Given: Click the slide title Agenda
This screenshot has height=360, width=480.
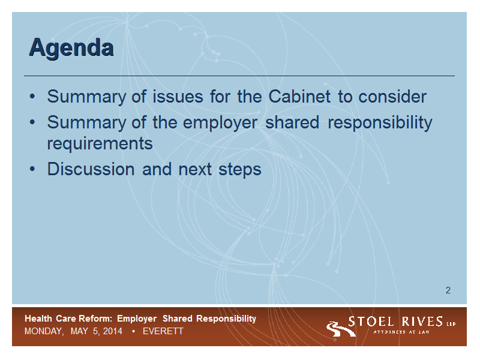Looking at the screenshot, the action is pyautogui.click(x=71, y=48).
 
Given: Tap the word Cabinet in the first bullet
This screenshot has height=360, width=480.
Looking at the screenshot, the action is pyautogui.click(x=299, y=97).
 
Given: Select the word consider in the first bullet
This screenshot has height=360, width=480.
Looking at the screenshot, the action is pyautogui.click(x=392, y=97).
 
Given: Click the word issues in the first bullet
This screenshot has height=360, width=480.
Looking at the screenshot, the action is pyautogui.click(x=178, y=97).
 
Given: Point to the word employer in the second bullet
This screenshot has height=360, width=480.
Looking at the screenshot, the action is pyautogui.click(x=220, y=123).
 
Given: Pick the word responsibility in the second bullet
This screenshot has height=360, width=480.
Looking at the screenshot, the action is pyautogui.click(x=380, y=123).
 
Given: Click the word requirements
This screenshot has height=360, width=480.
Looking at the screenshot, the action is pyautogui.click(x=100, y=143).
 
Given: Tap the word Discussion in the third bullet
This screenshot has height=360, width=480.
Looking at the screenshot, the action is pyautogui.click(x=91, y=169).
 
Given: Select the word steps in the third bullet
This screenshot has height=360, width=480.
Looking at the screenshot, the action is pyautogui.click(x=239, y=170).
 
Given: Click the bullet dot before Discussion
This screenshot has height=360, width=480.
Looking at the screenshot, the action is pyautogui.click(x=32, y=169).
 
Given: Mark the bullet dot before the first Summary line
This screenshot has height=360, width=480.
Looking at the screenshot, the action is pyautogui.click(x=32, y=97).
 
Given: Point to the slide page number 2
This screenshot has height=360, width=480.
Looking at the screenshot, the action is pyautogui.click(x=448, y=290).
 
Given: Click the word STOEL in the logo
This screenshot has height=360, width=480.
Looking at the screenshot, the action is pyautogui.click(x=371, y=322).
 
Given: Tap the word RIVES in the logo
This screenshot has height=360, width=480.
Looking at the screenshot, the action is pyautogui.click(x=422, y=322).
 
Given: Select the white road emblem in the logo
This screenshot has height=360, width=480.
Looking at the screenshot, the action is pyautogui.click(x=340, y=329).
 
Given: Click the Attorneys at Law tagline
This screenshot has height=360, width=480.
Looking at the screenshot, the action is pyautogui.click(x=401, y=332).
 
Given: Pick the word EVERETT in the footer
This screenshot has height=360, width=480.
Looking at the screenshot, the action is pyautogui.click(x=163, y=331).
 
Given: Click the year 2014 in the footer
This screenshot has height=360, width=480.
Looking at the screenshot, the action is pyautogui.click(x=113, y=331).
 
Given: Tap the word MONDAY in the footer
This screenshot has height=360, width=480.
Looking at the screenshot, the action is pyautogui.click(x=44, y=331).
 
